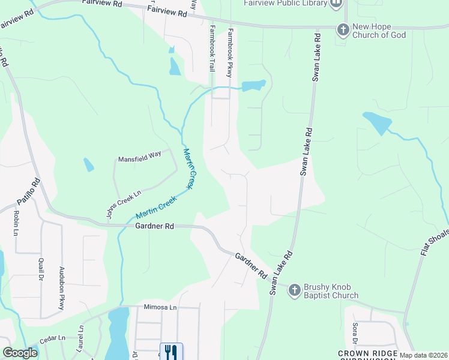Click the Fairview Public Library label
click(x=285, y=4)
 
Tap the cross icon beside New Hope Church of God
click(x=343, y=30)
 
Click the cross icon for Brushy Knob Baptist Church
click(x=294, y=290)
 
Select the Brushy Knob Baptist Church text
click(x=332, y=290)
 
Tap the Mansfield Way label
click(x=139, y=154)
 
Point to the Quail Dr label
click(x=41, y=265)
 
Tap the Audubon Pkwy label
click(x=61, y=289)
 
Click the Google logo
click(x=20, y=353)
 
